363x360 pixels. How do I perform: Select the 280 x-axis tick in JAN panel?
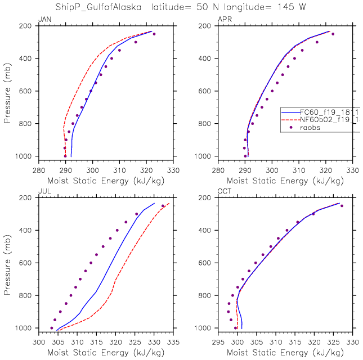pyautogui.click(x=38, y=168)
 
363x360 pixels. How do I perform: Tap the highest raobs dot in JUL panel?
pyautogui.click(x=163, y=206)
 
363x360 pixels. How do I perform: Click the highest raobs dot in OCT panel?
pyautogui.click(x=342, y=206)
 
